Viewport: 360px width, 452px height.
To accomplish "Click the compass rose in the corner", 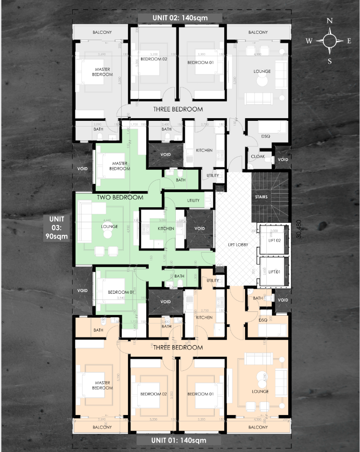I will [x=330, y=41].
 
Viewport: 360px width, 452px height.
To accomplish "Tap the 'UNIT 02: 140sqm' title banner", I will [x=179, y=18].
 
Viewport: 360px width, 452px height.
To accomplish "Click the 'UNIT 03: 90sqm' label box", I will [x=56, y=228].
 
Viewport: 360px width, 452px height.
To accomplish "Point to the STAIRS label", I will [x=261, y=197].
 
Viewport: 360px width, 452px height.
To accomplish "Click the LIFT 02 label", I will [x=274, y=240].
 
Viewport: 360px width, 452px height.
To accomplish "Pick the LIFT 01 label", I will [x=274, y=271].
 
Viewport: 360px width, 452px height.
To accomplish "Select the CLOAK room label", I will [x=258, y=156].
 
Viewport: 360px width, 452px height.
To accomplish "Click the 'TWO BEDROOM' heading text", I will [x=120, y=197].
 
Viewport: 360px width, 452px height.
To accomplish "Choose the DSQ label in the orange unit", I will [x=263, y=320].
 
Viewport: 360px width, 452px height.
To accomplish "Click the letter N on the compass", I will [x=329, y=21].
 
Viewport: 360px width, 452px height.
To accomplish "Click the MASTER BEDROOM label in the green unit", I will [x=120, y=166].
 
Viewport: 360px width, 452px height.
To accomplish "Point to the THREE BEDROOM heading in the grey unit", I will [x=177, y=109].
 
